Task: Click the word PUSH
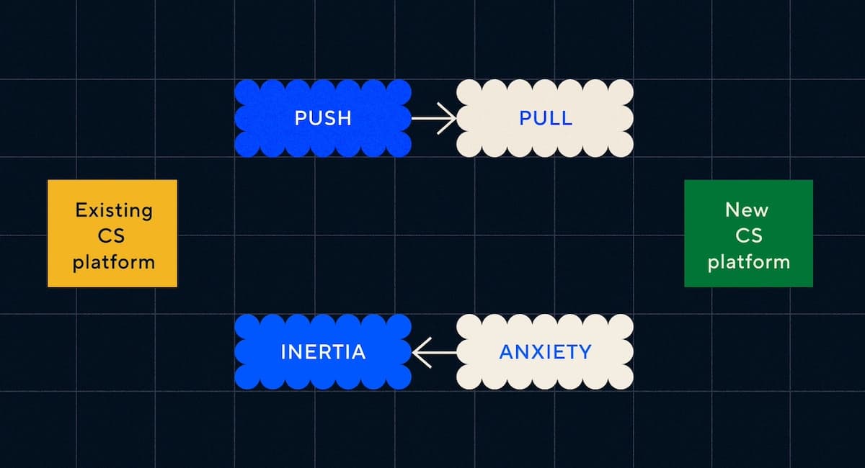(x=323, y=118)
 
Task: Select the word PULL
(x=546, y=118)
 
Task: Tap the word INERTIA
(x=323, y=352)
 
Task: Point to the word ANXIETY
(x=546, y=352)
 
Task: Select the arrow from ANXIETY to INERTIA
(x=435, y=352)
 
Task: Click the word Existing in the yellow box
(x=114, y=210)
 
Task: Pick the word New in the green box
(x=747, y=210)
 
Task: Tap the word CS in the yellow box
(x=112, y=235)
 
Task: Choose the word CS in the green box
(x=749, y=235)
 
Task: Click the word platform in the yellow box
(x=114, y=261)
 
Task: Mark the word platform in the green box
(x=749, y=261)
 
